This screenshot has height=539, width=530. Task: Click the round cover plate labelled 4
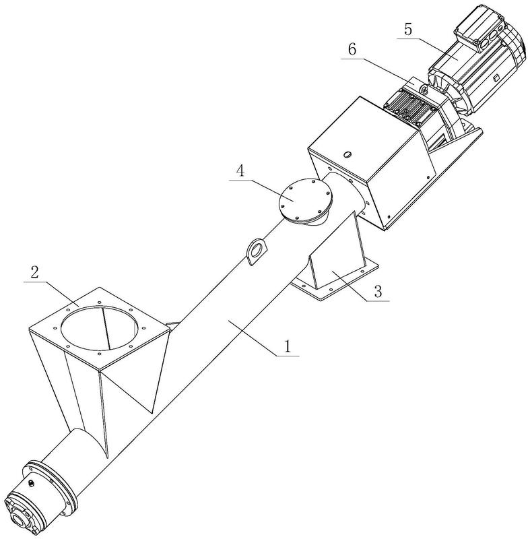tap(304, 198)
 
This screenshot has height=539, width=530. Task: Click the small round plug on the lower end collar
tap(32, 482)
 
